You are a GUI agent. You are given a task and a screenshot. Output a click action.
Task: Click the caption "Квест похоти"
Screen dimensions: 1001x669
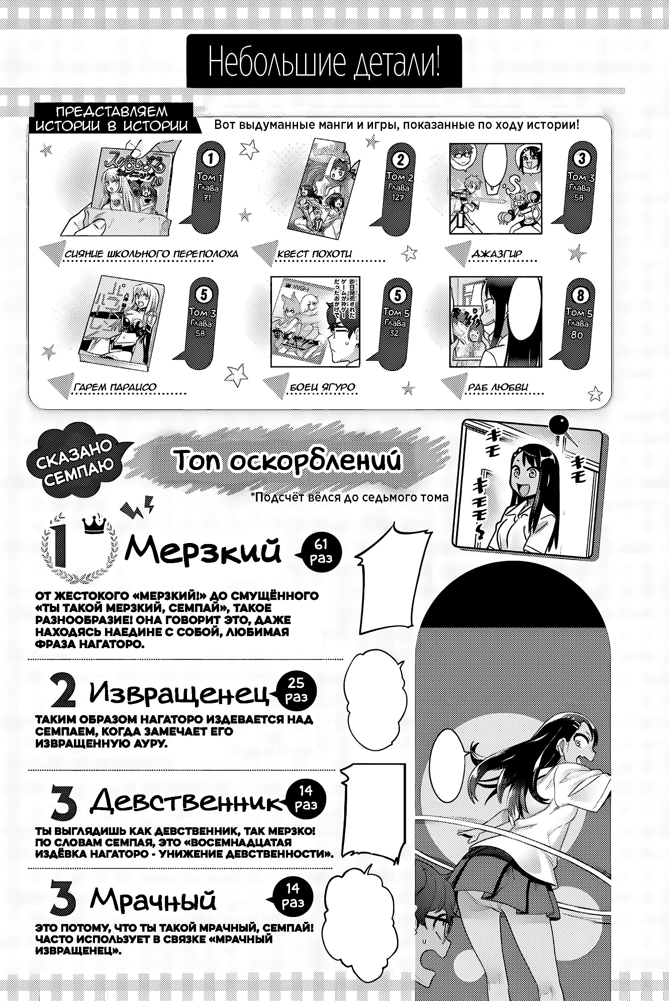click(x=314, y=254)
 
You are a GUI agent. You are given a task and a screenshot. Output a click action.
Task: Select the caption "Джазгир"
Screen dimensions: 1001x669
click(x=497, y=254)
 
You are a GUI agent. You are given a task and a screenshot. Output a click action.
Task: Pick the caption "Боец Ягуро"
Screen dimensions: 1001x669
click(x=322, y=387)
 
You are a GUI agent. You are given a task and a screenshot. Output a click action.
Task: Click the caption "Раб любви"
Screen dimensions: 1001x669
click(x=498, y=387)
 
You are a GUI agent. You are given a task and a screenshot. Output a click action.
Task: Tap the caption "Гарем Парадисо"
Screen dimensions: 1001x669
click(x=115, y=387)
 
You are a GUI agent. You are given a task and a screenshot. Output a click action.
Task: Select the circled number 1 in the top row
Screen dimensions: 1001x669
click(x=210, y=160)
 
